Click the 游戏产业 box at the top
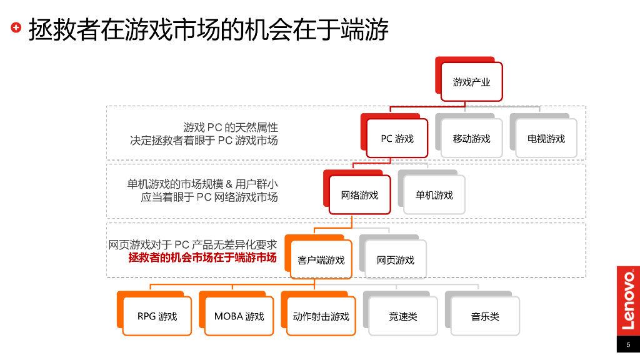coord(471,82)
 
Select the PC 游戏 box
coord(397,139)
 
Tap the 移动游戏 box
coord(471,139)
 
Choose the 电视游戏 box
coord(546,139)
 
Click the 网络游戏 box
coord(359,195)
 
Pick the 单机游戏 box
coord(434,195)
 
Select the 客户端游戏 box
coord(321,259)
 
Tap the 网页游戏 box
coord(395,259)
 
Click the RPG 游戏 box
coord(157,316)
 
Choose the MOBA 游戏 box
coord(239,316)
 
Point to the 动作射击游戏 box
coord(321,316)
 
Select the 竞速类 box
coord(402,316)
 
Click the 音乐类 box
coord(484,316)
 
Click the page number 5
coord(628,345)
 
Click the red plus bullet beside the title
coord(16,27)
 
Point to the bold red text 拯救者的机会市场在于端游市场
coord(202,257)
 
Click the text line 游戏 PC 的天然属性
coord(231,127)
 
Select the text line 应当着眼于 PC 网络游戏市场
coord(209,197)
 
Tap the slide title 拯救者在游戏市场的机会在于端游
coord(209,29)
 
